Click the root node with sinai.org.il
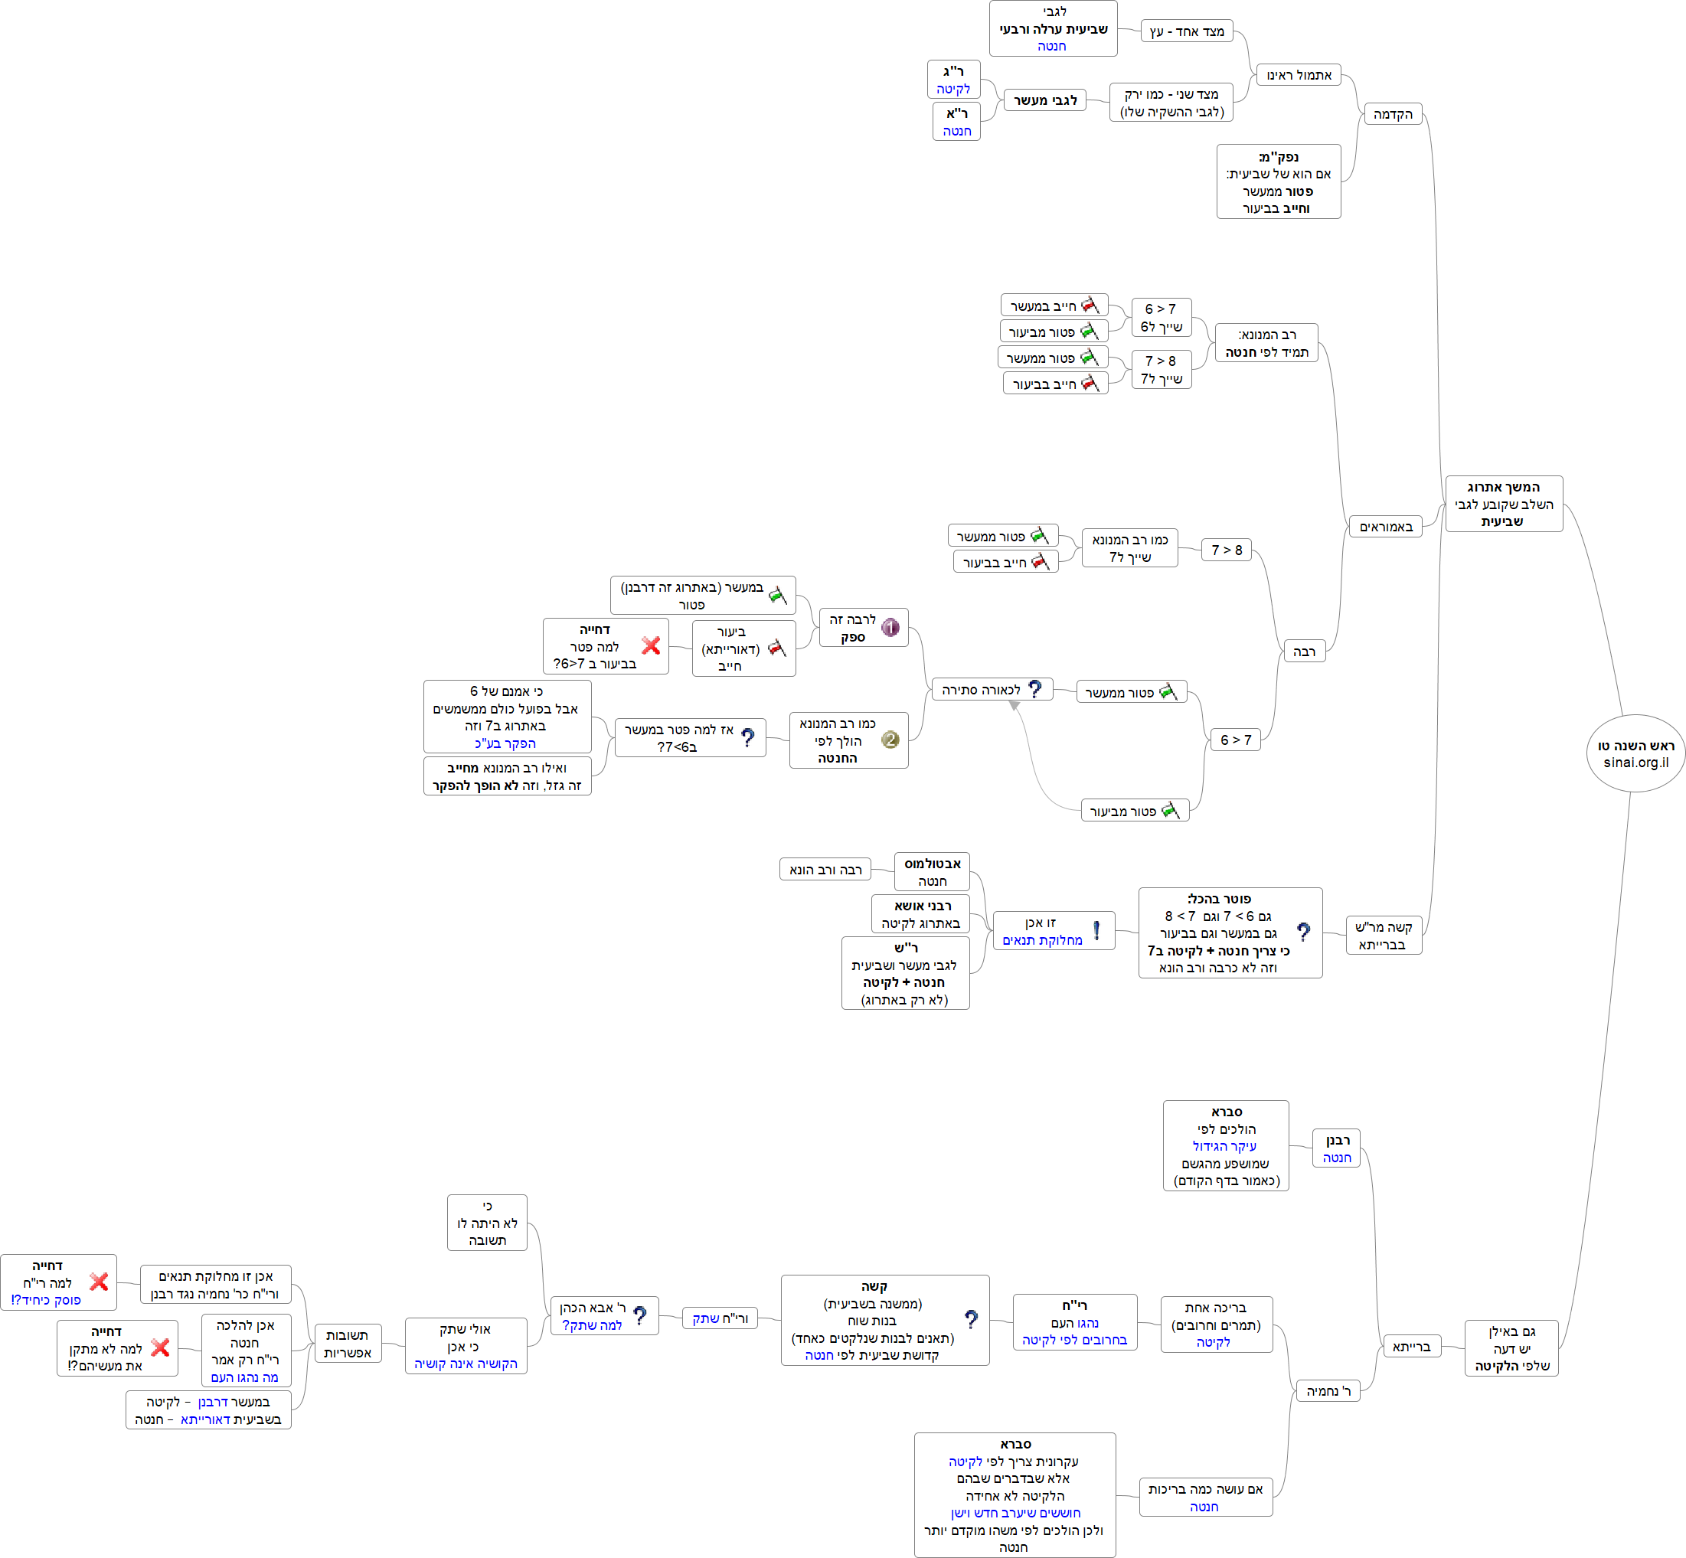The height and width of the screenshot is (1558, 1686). tap(1635, 753)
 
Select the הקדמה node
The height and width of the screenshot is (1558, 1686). tap(1393, 115)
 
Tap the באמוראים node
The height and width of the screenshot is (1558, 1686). tap(1386, 527)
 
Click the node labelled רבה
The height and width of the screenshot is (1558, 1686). tap(1303, 652)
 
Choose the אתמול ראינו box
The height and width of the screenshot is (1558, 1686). tap(1299, 75)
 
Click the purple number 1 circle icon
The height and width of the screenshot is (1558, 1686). tap(890, 627)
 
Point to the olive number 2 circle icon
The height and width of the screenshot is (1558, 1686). tap(890, 740)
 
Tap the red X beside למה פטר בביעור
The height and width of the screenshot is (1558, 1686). tap(651, 646)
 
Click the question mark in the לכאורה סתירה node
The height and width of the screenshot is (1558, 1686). tap(1035, 689)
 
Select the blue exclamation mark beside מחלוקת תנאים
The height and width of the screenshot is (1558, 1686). tap(1096, 930)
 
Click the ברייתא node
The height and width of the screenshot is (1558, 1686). tap(1412, 1347)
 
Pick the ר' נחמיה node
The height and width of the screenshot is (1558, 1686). tap(1328, 1391)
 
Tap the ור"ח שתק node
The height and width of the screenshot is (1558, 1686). tap(720, 1318)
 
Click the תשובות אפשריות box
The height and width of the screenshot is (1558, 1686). tap(348, 1344)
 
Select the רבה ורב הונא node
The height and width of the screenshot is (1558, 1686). tap(825, 869)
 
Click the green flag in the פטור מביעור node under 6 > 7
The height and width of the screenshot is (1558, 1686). tap(1170, 810)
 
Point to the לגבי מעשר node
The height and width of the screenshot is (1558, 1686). tap(1045, 100)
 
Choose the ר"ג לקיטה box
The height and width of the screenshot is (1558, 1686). tap(953, 80)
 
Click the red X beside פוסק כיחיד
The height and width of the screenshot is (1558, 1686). tap(99, 1282)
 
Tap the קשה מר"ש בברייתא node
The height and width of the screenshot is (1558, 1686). tap(1384, 936)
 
